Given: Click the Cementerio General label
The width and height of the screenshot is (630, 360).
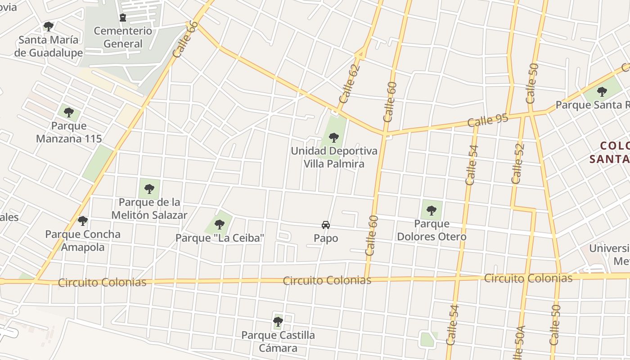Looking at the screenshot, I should (x=123, y=37).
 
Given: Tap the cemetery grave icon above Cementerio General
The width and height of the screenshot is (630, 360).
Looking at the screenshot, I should (x=123, y=18).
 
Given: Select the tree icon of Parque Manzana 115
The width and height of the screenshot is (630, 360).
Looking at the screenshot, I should (x=68, y=112).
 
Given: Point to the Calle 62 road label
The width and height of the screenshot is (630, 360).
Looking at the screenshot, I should (x=350, y=84).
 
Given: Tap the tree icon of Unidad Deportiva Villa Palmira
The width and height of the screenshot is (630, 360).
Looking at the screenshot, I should (x=333, y=137).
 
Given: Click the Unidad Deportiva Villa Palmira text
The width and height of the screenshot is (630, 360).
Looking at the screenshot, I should (x=333, y=157).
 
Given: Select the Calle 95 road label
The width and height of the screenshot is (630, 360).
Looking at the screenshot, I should (x=488, y=120).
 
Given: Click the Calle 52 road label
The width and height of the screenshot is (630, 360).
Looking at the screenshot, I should (x=518, y=163).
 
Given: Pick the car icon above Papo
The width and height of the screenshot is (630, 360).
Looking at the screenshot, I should (x=326, y=225).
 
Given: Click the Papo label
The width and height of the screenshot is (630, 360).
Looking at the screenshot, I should (x=326, y=238).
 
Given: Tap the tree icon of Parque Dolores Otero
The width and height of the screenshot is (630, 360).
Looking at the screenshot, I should (x=431, y=210).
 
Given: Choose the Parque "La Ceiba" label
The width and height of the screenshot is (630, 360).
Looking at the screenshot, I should (x=220, y=238).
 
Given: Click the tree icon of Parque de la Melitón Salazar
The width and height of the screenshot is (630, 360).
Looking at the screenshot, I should (x=149, y=189).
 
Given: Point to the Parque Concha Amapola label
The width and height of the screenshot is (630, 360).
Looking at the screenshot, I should (x=83, y=240).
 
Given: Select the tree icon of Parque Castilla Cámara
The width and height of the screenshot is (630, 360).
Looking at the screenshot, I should (x=278, y=322).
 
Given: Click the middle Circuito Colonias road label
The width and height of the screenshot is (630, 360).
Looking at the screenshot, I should (x=327, y=280).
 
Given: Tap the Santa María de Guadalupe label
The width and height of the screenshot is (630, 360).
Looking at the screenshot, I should (x=49, y=46).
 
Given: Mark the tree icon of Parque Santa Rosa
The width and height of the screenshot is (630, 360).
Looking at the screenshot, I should (x=602, y=92).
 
